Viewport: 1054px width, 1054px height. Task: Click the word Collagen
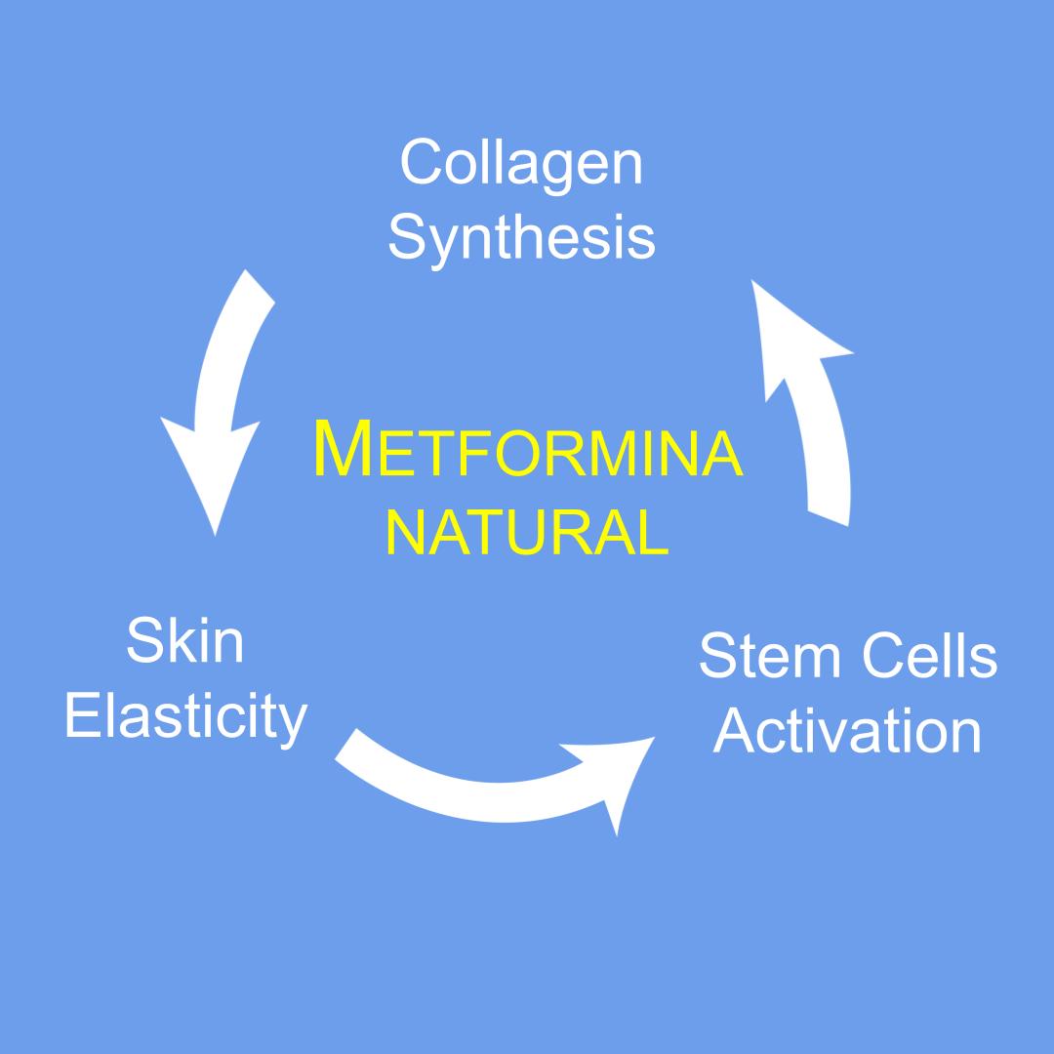coord(521,162)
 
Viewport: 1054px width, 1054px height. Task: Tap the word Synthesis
coord(521,237)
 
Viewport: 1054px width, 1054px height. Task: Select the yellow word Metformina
coord(528,451)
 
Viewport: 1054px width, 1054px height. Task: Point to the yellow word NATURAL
coord(528,532)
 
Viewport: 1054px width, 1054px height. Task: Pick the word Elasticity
coord(185,717)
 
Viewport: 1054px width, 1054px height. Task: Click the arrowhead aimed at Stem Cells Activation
coord(615,781)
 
